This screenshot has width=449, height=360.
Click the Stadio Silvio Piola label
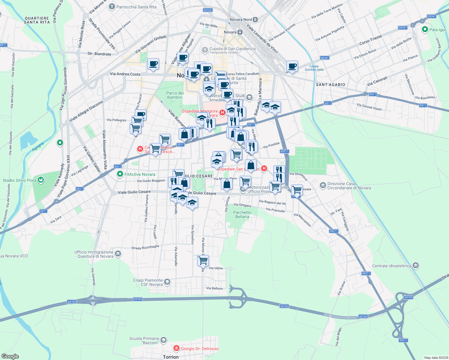tap(19, 180)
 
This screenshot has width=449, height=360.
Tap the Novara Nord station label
tap(241, 19)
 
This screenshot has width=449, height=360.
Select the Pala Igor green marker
tap(425, 29)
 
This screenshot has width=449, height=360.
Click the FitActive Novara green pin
tap(120, 174)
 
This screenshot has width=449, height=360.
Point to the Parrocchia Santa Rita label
tap(136, 7)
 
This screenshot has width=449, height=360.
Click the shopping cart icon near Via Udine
tap(203, 260)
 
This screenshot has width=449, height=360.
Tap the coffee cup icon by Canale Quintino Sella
tap(292, 66)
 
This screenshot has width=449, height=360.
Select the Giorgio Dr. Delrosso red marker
tap(176, 348)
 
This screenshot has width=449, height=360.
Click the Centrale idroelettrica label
tap(391, 266)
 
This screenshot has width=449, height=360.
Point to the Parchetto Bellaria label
tap(242, 214)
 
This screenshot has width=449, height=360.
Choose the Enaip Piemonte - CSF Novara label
tap(148, 282)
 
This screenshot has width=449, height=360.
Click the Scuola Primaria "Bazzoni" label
tap(144, 340)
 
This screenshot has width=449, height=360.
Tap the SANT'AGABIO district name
tap(330, 85)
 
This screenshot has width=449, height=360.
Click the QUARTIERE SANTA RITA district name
tap(37, 20)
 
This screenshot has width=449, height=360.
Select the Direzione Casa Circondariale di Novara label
tap(349, 186)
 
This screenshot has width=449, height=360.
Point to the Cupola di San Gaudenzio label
tap(233, 49)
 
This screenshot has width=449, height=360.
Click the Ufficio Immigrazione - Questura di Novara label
tap(94, 254)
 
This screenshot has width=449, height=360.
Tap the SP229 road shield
tap(208, 10)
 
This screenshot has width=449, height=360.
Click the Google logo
tap(10, 356)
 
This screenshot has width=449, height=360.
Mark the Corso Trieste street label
tap(371, 40)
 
